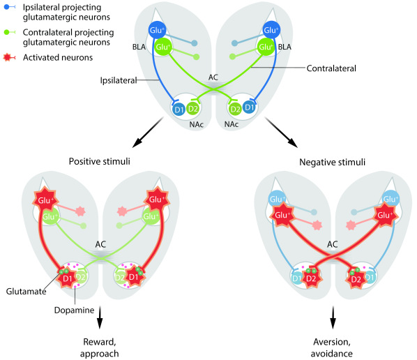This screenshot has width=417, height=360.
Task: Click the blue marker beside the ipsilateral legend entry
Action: (x=9, y=7)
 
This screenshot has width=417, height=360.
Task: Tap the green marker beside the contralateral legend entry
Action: (x=9, y=32)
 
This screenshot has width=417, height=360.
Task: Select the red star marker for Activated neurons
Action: (x=9, y=57)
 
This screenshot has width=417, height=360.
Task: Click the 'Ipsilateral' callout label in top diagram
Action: (x=119, y=80)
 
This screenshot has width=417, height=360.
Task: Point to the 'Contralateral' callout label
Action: (x=331, y=68)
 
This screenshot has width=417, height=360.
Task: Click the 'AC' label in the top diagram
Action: (x=213, y=77)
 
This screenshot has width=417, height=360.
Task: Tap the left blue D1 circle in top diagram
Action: (x=179, y=109)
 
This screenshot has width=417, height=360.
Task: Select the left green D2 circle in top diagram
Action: (x=192, y=109)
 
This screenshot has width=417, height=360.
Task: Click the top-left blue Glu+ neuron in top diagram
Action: (x=157, y=30)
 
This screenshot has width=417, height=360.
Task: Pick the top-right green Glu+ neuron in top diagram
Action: (x=266, y=47)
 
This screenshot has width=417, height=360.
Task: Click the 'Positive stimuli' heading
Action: (x=100, y=161)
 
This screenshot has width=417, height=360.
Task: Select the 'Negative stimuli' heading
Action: (x=332, y=162)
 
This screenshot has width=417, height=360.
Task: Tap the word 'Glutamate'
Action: (x=26, y=292)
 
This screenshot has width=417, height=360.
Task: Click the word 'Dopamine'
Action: (x=74, y=310)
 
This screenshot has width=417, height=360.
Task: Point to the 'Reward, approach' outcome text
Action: (x=100, y=347)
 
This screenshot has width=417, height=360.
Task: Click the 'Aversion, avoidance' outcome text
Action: (x=332, y=347)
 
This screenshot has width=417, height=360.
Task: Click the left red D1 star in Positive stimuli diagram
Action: (x=67, y=277)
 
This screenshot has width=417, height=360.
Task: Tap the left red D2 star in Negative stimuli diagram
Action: (x=311, y=278)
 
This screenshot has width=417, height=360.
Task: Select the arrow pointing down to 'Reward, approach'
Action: (x=100, y=317)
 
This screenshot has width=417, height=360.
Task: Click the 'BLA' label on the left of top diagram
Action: (x=139, y=47)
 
